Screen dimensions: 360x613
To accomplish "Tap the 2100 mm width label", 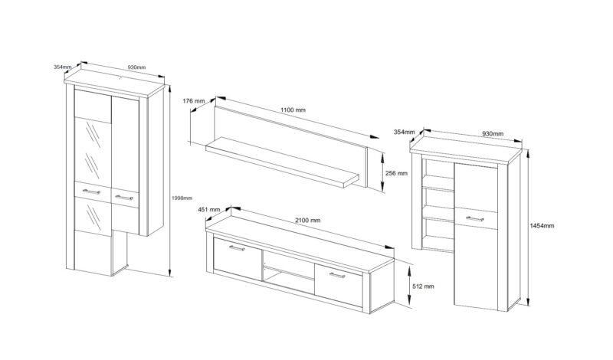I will pyautogui.click(x=308, y=220).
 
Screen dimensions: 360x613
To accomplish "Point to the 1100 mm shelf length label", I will pyautogui.click(x=293, y=111).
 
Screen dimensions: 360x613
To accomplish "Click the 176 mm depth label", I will pyautogui.click(x=194, y=101).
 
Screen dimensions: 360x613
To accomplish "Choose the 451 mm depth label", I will pyautogui.click(x=209, y=209).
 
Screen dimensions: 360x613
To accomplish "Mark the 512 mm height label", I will pyautogui.click(x=423, y=286).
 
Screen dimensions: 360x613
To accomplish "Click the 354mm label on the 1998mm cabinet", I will pyautogui.click(x=62, y=67).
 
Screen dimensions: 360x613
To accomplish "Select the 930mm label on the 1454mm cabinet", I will pyautogui.click(x=493, y=134).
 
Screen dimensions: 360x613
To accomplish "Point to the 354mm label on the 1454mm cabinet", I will pyautogui.click(x=403, y=133).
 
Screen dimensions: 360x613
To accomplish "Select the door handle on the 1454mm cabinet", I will pyautogui.click(x=473, y=219).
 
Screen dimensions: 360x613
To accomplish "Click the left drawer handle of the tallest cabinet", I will pyautogui.click(x=91, y=191).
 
